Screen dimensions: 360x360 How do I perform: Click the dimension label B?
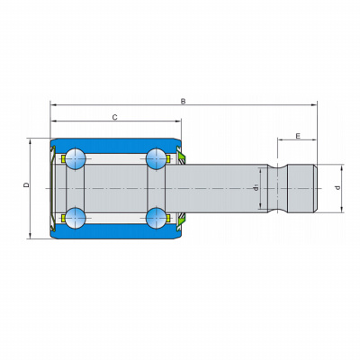point(183,102)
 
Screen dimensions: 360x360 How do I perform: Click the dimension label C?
point(114,117)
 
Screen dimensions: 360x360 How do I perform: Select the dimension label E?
point(298,136)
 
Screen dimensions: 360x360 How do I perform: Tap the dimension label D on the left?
point(27,184)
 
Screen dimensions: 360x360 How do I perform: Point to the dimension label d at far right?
point(338,188)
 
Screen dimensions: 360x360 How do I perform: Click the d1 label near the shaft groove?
point(256,188)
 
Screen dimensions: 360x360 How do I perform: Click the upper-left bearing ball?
point(76,158)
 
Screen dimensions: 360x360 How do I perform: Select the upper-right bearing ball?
point(157,158)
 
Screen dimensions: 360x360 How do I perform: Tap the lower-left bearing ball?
point(76,218)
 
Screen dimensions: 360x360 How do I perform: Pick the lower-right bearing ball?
point(157,218)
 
